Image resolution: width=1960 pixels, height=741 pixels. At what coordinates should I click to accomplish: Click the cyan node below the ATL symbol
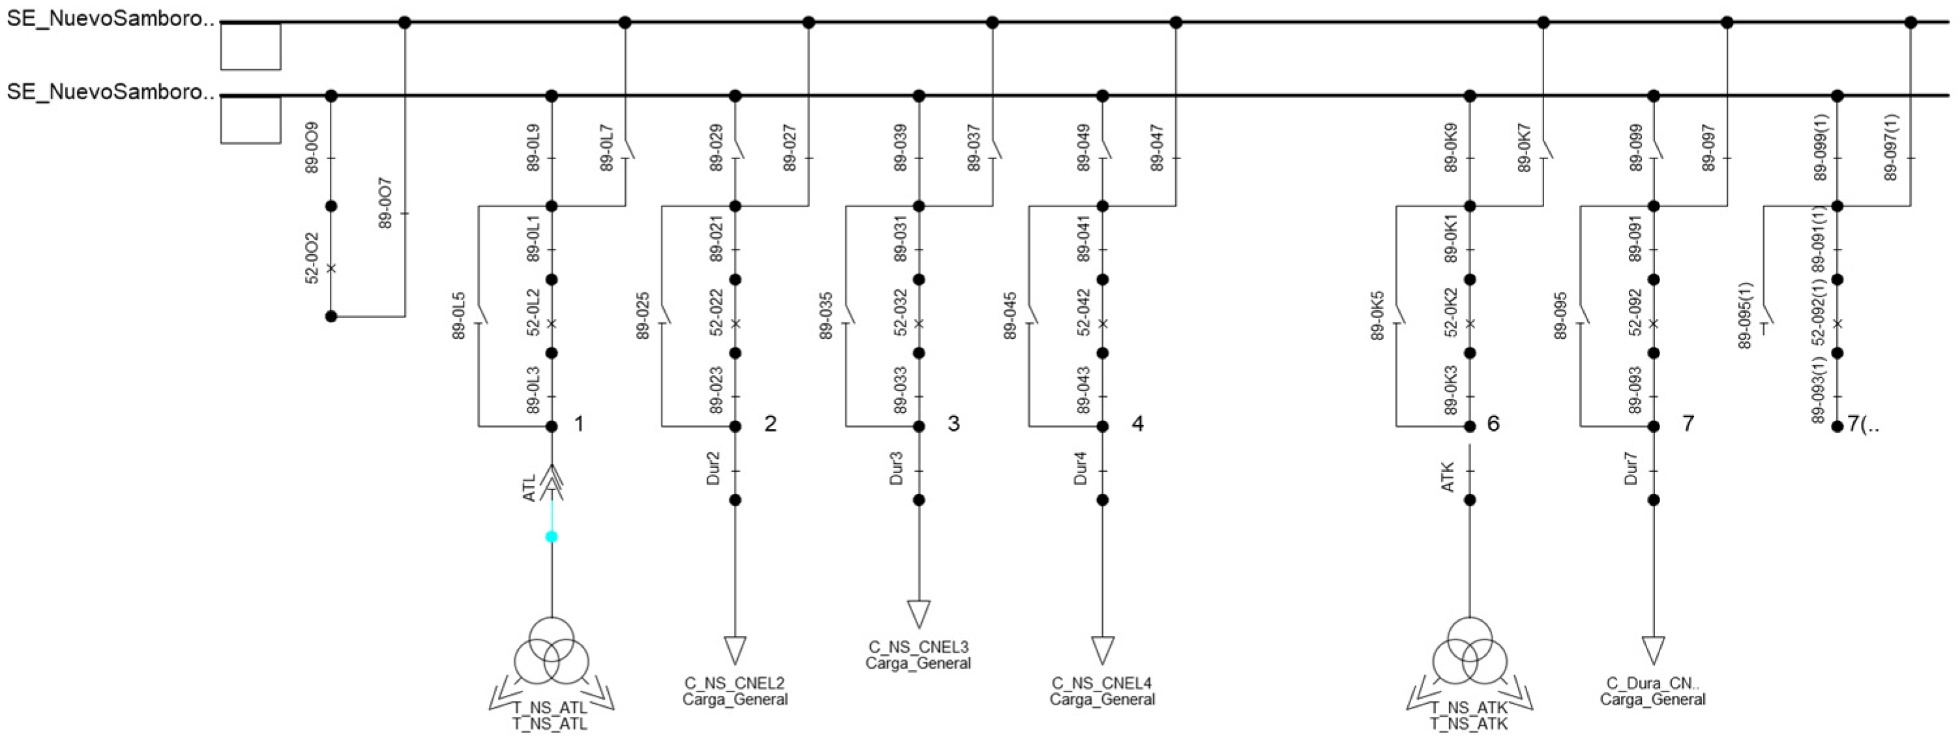tap(551, 536)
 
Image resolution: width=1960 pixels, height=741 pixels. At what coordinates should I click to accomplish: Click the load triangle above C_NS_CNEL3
tap(918, 613)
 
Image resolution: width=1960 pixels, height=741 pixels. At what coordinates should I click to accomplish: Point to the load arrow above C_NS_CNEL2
tap(735, 649)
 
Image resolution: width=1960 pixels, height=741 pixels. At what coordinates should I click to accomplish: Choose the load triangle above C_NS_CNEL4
tap(1102, 649)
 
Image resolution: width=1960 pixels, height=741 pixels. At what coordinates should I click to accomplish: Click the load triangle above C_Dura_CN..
tap(1654, 649)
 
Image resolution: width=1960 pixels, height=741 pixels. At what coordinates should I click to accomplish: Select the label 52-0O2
tap(313, 259)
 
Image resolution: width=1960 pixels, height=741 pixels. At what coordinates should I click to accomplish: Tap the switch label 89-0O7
tap(386, 204)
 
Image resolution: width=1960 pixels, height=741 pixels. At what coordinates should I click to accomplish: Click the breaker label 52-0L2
tap(533, 312)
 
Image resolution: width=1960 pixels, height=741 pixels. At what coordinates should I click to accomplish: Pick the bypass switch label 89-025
tap(643, 315)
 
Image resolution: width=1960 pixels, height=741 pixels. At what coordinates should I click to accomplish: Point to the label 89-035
tap(826, 315)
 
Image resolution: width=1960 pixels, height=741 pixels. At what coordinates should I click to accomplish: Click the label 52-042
tap(1083, 312)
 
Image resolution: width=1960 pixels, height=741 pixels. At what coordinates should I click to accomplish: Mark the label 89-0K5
tap(1378, 315)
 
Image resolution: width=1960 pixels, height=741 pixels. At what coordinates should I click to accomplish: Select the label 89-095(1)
tap(1746, 315)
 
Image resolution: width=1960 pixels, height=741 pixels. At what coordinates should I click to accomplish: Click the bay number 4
tap(1137, 424)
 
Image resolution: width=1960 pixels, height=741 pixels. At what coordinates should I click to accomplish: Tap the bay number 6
tap(1493, 424)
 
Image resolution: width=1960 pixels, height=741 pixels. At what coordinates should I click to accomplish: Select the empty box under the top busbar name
tap(250, 47)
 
